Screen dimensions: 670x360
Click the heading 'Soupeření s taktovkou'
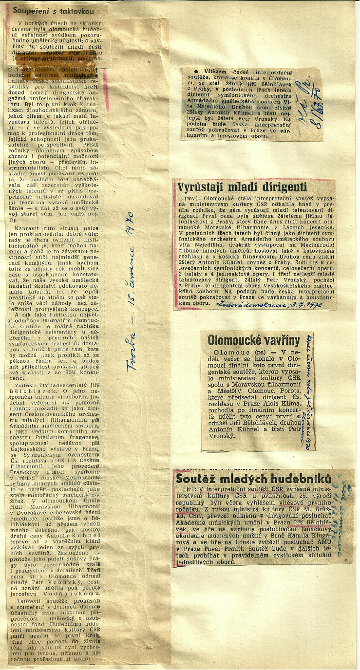pyautogui.click(x=54, y=11)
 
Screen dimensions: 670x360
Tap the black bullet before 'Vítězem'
pyautogui.click(x=188, y=71)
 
